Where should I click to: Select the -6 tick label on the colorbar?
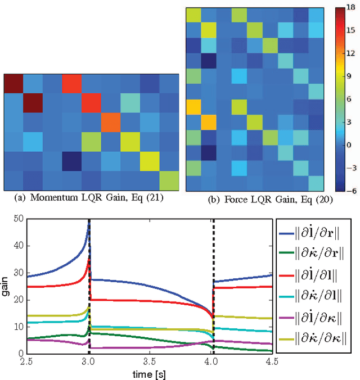[x=351, y=190]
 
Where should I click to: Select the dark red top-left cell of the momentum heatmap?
[x=13, y=84]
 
